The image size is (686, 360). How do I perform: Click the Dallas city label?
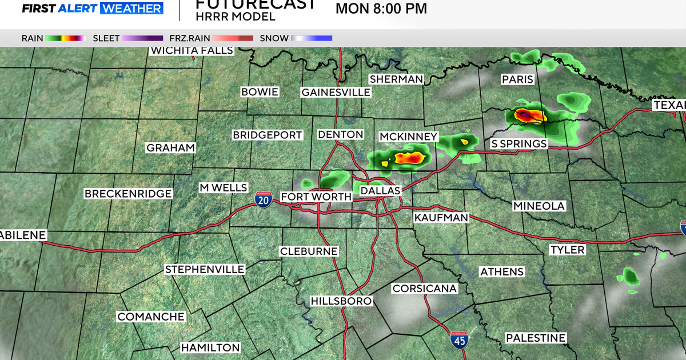pyautogui.click(x=381, y=190)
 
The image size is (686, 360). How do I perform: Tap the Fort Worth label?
pyautogui.click(x=316, y=197)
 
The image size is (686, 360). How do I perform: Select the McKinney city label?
pyautogui.click(x=409, y=137)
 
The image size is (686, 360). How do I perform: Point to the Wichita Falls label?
pyautogui.click(x=192, y=50)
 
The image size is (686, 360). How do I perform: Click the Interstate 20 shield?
pyautogui.click(x=264, y=199)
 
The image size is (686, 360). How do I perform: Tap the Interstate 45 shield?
pyautogui.click(x=458, y=339)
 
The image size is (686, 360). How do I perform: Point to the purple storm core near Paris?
pyautogui.click(x=529, y=117)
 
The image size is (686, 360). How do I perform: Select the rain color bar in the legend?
pyautogui.click(x=66, y=38)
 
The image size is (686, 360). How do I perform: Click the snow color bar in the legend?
pyautogui.click(x=312, y=38)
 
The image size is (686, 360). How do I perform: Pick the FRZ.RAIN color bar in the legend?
pyautogui.click(x=233, y=38)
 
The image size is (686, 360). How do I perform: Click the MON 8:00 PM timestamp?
pyautogui.click(x=381, y=9)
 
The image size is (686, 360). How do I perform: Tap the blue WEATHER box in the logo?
pyautogui.click(x=131, y=9)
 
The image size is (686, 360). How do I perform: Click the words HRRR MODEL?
pyautogui.click(x=235, y=17)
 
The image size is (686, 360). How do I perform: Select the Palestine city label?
pyautogui.click(x=535, y=338)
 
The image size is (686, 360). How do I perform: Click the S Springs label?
pyautogui.click(x=519, y=143)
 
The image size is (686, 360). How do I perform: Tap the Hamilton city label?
pyautogui.click(x=210, y=347)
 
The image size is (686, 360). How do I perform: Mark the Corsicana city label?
pyautogui.click(x=425, y=289)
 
